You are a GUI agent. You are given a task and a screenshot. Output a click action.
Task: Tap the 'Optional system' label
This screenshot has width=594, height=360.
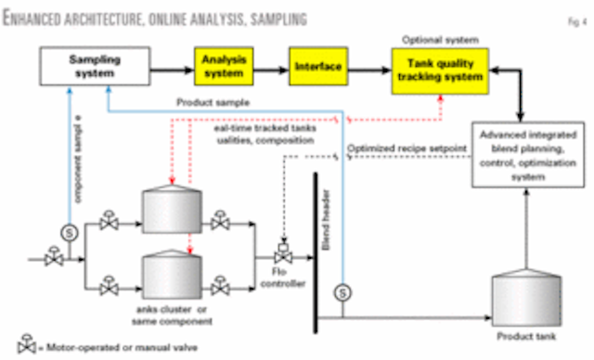pyautogui.click(x=438, y=40)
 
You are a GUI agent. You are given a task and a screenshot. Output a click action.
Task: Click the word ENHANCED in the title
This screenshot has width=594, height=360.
pyautogui.click(x=38, y=18)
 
